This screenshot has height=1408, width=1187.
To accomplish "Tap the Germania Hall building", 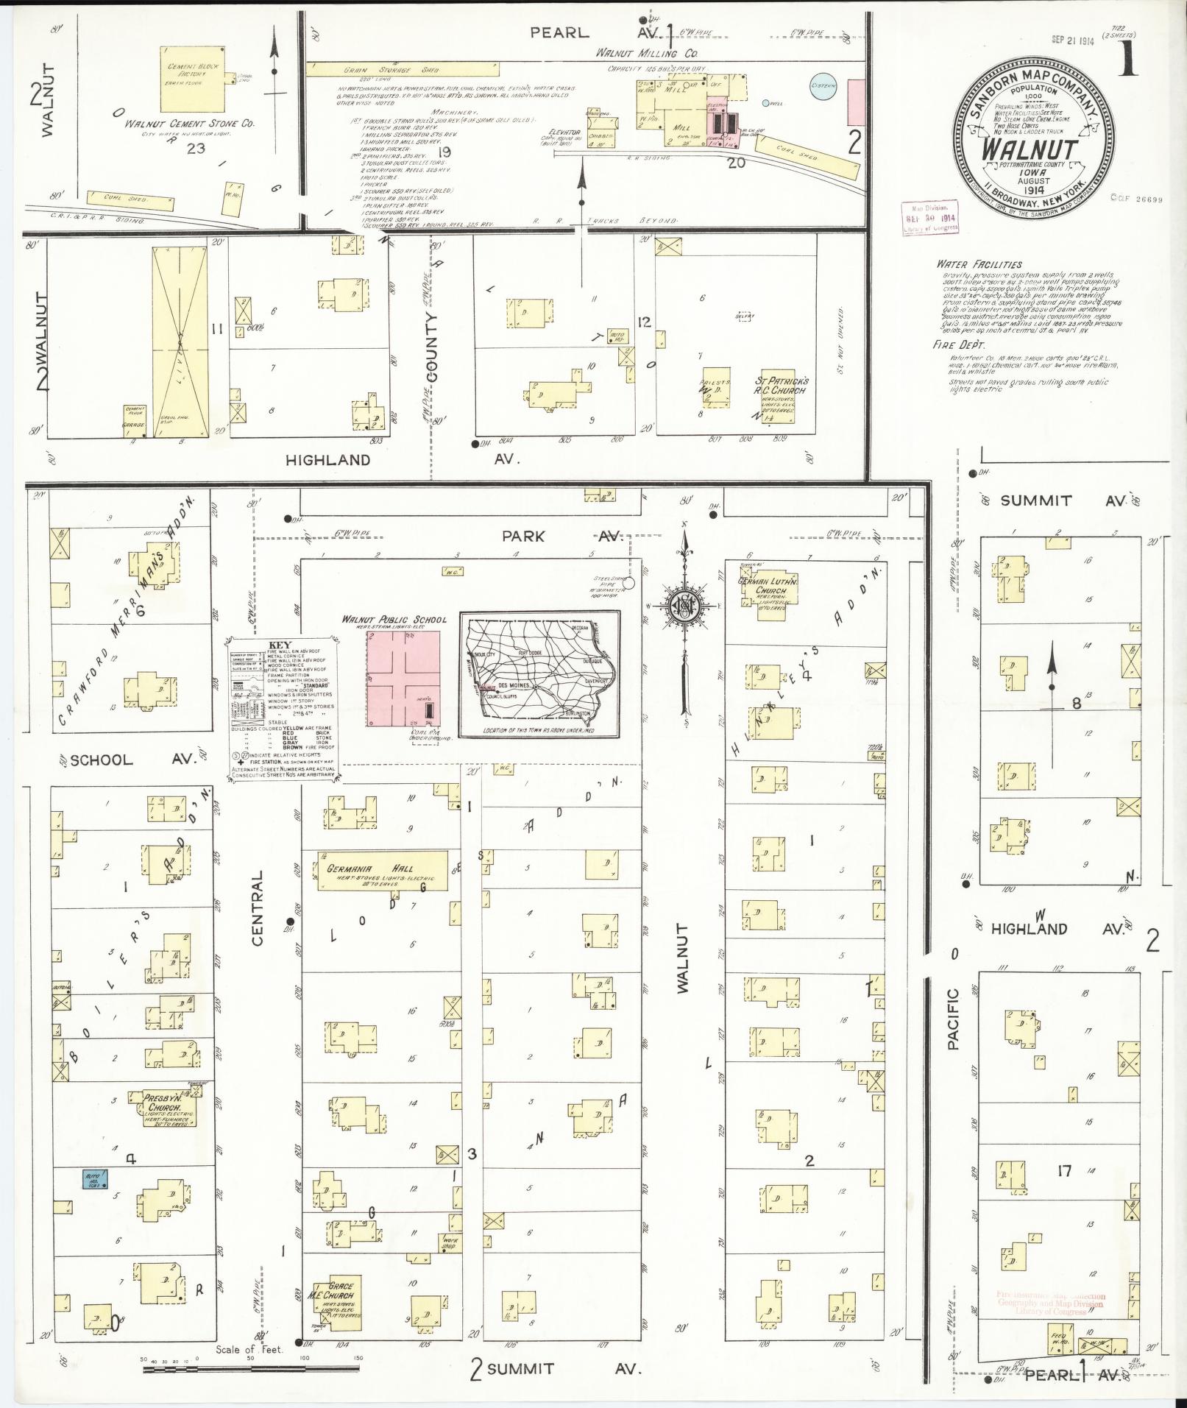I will [x=383, y=871].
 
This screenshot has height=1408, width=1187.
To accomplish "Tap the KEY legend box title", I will [x=280, y=644].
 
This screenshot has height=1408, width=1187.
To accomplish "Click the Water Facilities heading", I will [x=979, y=264].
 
